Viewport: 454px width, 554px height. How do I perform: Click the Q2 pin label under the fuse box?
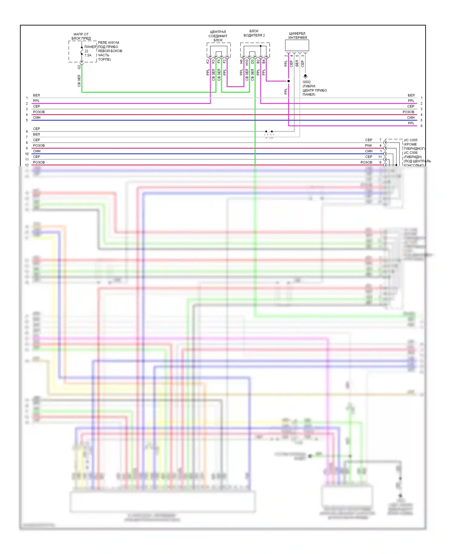click(x=79, y=67)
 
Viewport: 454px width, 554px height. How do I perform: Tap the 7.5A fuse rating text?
click(x=88, y=55)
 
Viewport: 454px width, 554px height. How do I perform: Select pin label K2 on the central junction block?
click(x=208, y=61)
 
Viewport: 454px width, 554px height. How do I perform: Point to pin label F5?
click(x=219, y=61)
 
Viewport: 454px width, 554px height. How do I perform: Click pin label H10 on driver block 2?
click(x=247, y=62)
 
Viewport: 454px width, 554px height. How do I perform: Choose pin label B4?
click(x=264, y=61)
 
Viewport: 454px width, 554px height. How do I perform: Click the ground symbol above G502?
click(x=305, y=76)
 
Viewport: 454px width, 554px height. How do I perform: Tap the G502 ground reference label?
click(x=307, y=82)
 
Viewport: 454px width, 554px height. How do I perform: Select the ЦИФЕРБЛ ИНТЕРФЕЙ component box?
click(x=297, y=45)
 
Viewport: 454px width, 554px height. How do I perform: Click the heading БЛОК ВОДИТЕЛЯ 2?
click(x=254, y=33)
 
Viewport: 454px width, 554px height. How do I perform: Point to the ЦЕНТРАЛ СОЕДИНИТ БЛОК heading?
click(x=218, y=36)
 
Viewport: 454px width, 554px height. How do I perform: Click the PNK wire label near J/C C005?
click(x=369, y=145)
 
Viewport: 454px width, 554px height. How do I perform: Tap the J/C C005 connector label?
click(x=410, y=140)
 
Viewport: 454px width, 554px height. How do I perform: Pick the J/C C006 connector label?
click(x=410, y=153)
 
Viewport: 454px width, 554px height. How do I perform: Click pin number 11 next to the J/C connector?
click(x=380, y=157)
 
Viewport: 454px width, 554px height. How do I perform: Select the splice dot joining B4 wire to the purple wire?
click(x=288, y=81)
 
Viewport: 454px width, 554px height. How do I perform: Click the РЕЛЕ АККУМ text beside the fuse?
click(x=108, y=43)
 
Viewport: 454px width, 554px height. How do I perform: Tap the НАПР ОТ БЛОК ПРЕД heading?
click(x=81, y=36)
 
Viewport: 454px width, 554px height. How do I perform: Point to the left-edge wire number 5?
click(x=27, y=120)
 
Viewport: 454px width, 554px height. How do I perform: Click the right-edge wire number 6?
click(x=421, y=126)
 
